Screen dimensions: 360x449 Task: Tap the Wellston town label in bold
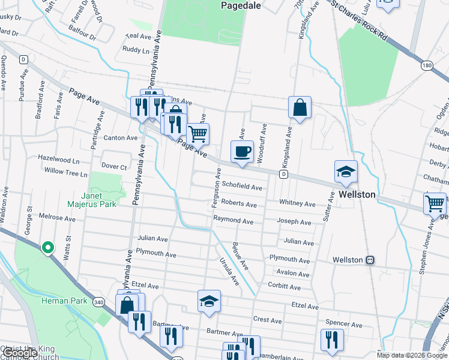pos(357,195)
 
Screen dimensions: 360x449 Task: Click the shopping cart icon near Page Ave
pos(197,134)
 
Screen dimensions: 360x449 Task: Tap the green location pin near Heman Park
pos(47,248)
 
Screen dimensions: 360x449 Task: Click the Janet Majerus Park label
pos(104,200)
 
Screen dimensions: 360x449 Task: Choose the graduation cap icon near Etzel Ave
pos(209,302)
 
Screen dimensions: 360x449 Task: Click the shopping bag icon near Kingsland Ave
pos(300,108)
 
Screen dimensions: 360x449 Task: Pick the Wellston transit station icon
pos(370,260)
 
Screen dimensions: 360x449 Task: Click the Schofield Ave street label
pos(242,187)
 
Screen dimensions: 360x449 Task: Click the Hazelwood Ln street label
pos(58,161)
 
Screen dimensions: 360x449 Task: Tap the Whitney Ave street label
pos(297,205)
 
